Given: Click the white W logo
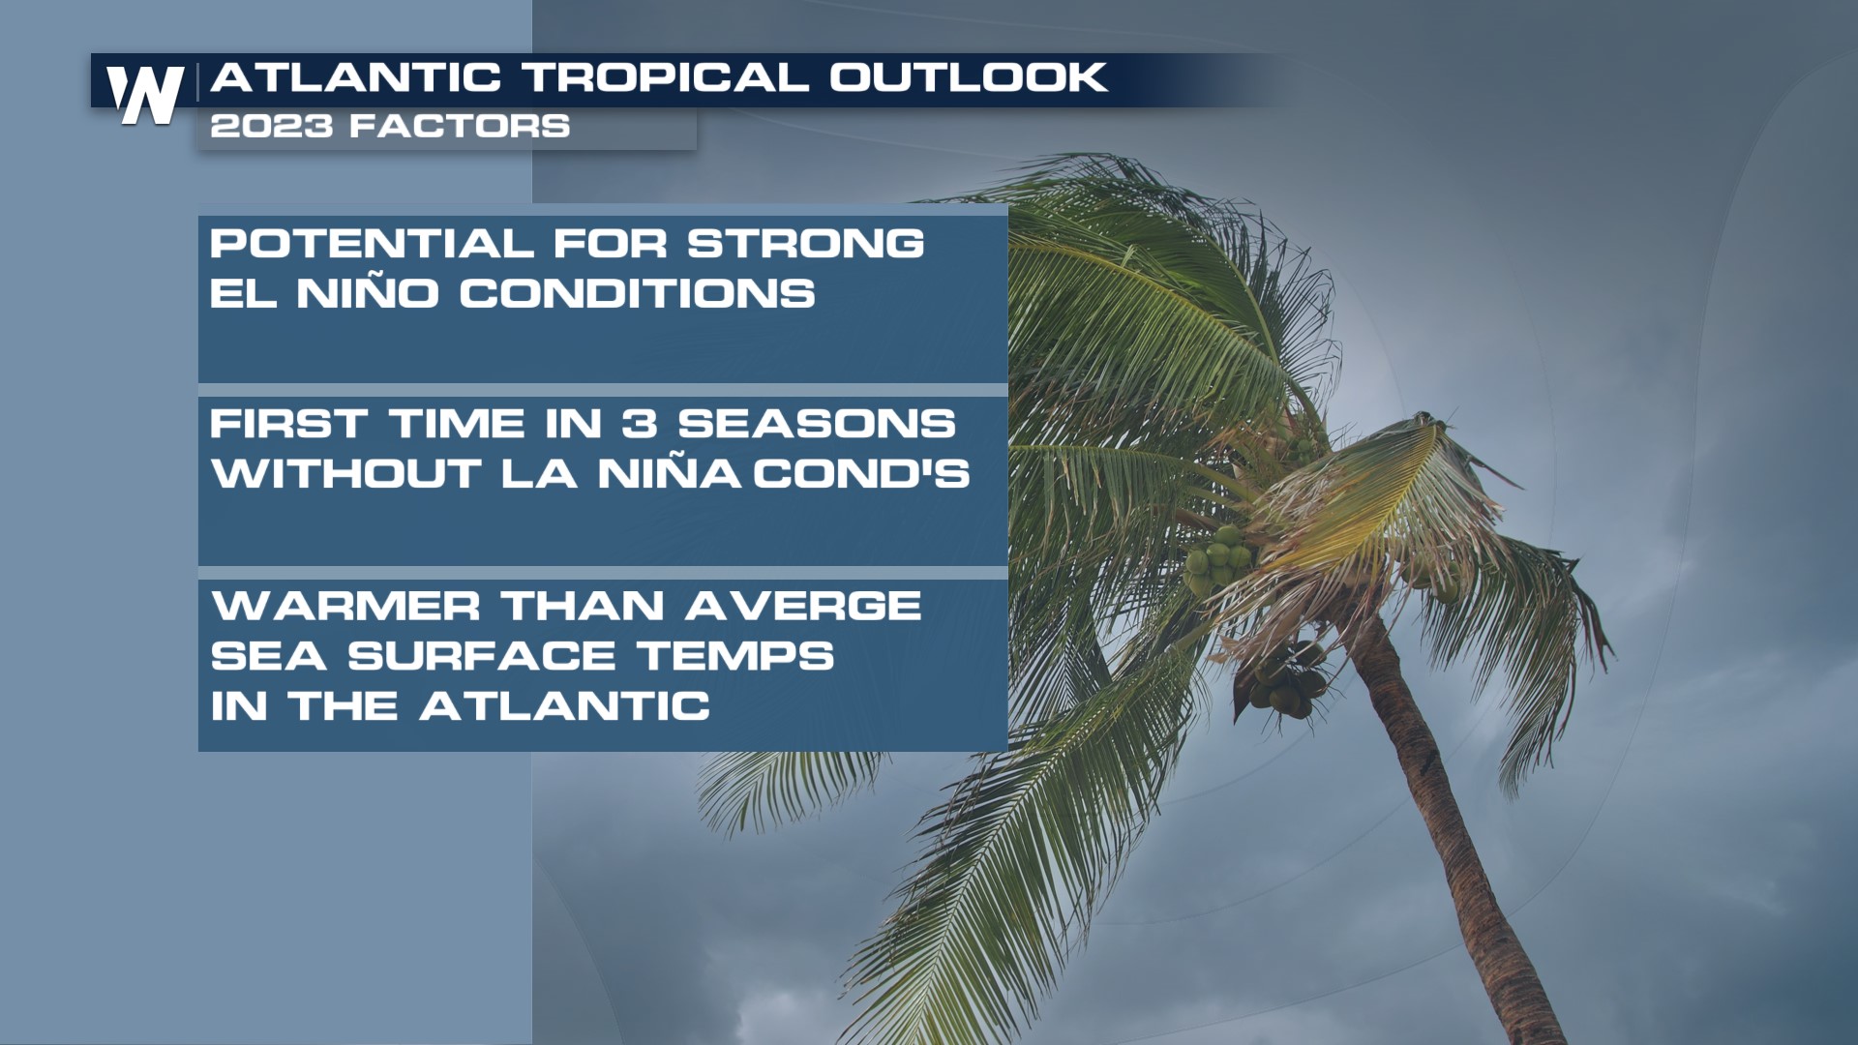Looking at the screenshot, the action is [x=145, y=95].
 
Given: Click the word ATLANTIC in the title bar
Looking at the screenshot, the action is [x=356, y=77].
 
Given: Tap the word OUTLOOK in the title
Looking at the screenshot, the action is [x=968, y=77].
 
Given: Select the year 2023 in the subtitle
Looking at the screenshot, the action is [x=272, y=126].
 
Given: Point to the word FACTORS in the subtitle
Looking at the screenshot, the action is [x=461, y=126].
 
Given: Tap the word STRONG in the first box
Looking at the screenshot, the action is [x=806, y=244].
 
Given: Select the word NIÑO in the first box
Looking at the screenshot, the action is [x=368, y=291].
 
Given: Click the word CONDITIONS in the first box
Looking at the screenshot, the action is [x=637, y=293].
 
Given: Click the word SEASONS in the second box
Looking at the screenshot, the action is [x=817, y=424].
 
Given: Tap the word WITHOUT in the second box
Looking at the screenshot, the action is [x=346, y=474].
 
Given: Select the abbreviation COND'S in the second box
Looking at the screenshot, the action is [x=861, y=474].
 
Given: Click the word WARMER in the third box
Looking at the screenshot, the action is [x=345, y=607].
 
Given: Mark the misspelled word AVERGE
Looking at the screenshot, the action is [x=803, y=607].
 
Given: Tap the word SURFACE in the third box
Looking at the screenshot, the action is [x=482, y=656].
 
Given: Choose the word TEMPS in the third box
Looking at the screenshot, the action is [x=735, y=656].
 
